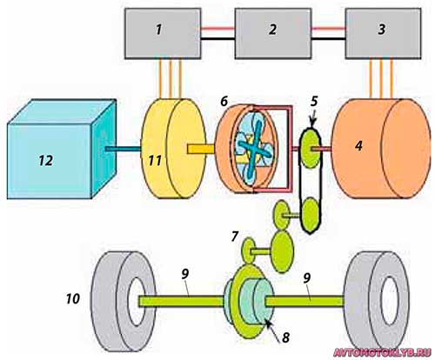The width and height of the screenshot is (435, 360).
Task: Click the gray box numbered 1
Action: (163, 34)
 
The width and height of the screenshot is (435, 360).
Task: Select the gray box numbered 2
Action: (273, 34)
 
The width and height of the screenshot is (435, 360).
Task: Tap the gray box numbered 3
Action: (383, 34)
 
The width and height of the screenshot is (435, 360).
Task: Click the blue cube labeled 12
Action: (62, 149)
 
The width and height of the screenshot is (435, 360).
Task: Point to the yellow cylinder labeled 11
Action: (173, 149)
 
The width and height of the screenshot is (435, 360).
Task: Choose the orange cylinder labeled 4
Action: (381, 149)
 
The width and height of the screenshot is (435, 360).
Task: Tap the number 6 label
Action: (224, 102)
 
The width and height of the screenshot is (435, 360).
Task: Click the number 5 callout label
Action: (314, 101)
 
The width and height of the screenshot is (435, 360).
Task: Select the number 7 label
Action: (235, 237)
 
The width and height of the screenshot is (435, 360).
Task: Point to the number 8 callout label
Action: (285, 337)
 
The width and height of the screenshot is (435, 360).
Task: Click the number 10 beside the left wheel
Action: (72, 298)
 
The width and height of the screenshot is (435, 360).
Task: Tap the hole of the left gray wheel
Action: (137, 302)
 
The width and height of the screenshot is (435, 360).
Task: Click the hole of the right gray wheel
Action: (389, 301)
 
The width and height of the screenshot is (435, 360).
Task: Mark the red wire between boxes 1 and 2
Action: (217, 29)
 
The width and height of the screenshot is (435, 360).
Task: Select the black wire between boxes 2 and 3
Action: (328, 38)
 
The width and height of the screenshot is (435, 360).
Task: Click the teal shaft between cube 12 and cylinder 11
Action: (123, 149)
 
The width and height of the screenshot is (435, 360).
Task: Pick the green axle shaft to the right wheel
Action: (304, 301)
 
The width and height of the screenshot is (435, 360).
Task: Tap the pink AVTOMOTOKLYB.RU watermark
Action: (382, 352)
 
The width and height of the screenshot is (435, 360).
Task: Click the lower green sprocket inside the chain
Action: (311, 215)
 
